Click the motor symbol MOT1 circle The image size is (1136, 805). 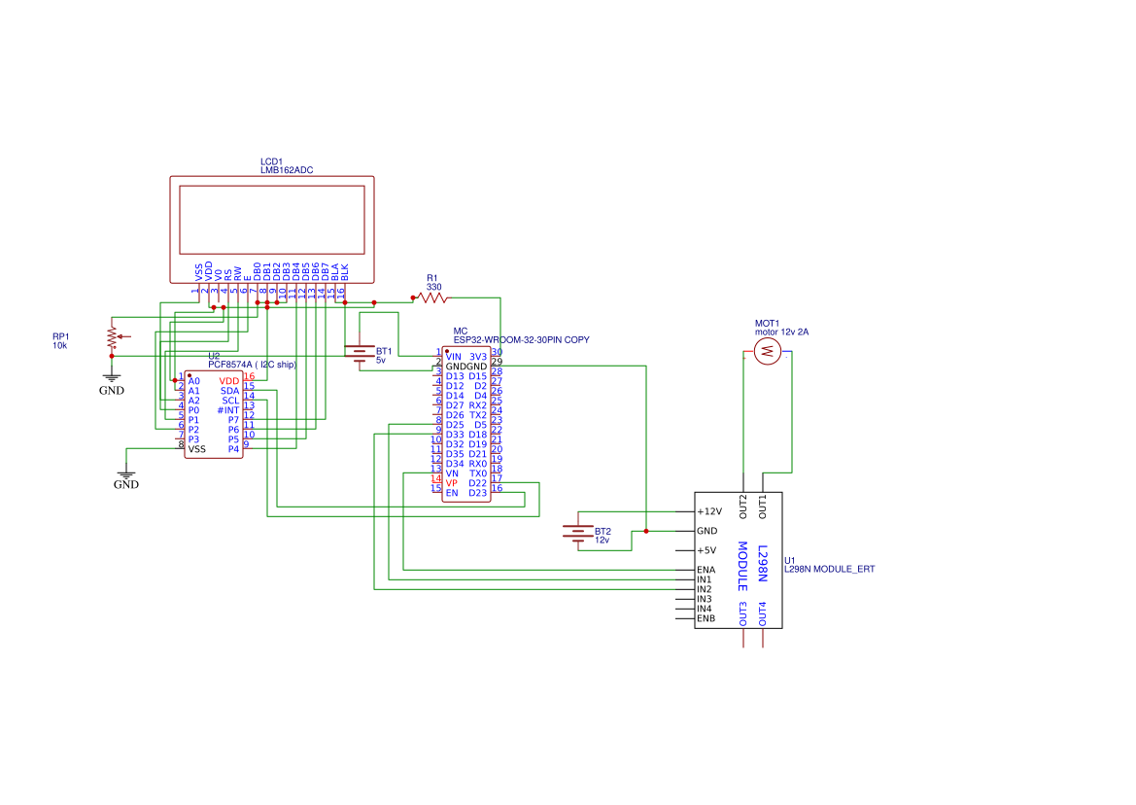point(768,351)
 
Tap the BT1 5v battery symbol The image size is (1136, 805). point(360,353)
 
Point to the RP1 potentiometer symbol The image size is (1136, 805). point(113,338)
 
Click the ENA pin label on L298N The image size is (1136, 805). point(706,570)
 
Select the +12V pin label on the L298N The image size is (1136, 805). point(709,511)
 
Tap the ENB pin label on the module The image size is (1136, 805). point(706,618)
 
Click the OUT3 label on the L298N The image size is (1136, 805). point(743,613)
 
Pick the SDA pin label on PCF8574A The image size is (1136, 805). point(229,391)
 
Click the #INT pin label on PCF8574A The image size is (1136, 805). point(227,410)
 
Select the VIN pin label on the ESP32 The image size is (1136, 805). point(454,357)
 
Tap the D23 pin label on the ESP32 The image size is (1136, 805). point(477,493)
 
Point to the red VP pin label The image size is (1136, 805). point(452,483)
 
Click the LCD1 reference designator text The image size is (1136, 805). point(271,161)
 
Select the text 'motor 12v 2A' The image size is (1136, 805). point(781,332)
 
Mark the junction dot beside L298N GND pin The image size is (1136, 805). point(646,531)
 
